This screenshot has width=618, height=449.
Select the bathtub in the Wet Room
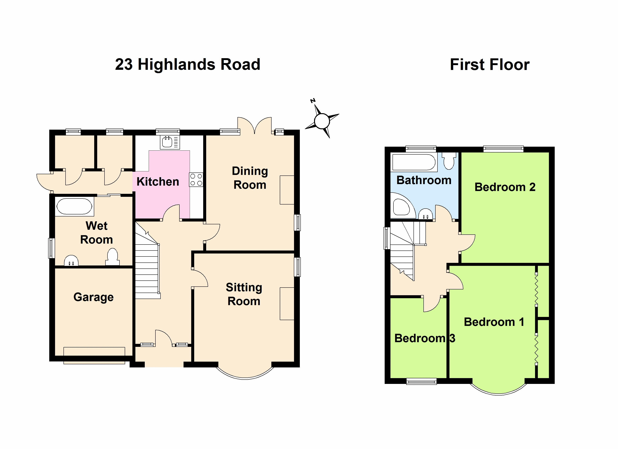(74, 206)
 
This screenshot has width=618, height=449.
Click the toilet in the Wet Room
(112, 256)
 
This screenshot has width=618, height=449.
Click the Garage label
(93, 297)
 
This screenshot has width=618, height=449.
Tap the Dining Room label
(250, 178)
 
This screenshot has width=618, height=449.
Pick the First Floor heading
(490, 65)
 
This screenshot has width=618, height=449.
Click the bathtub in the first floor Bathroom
(414, 162)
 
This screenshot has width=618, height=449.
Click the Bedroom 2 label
(505, 187)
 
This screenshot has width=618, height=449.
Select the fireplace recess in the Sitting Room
(287, 304)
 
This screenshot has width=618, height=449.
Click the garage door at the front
(94, 355)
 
